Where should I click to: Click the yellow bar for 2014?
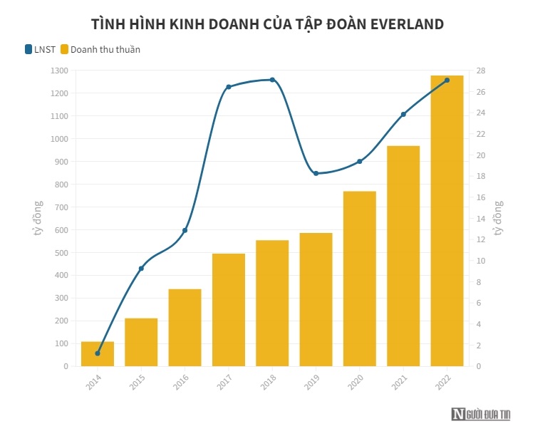click(x=98, y=354)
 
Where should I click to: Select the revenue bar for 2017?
click(x=228, y=310)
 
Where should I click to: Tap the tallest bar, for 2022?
click(x=447, y=221)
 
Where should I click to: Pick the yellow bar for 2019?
click(x=316, y=299)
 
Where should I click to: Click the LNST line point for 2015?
click(x=141, y=269)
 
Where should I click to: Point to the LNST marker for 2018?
click(x=272, y=80)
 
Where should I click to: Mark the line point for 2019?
click(x=316, y=173)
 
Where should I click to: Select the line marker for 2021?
click(x=403, y=114)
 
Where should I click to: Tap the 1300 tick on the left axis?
click(x=60, y=71)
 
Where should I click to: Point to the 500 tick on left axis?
click(x=62, y=252)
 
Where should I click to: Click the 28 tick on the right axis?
click(x=481, y=71)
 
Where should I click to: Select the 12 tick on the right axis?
click(x=481, y=239)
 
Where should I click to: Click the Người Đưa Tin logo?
click(x=481, y=414)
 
